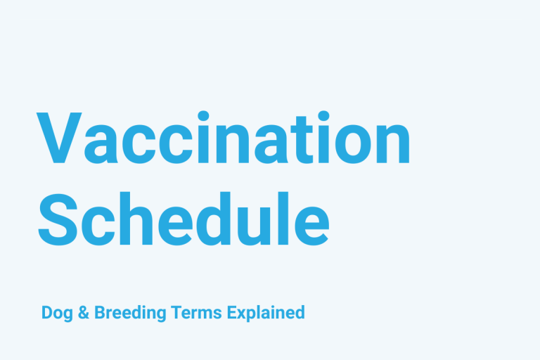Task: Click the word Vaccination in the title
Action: coord(224,139)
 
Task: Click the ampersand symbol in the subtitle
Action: coord(82,312)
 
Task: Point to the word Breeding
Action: coord(129,313)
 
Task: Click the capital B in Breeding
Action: coord(98,312)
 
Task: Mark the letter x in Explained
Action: coord(244,314)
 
